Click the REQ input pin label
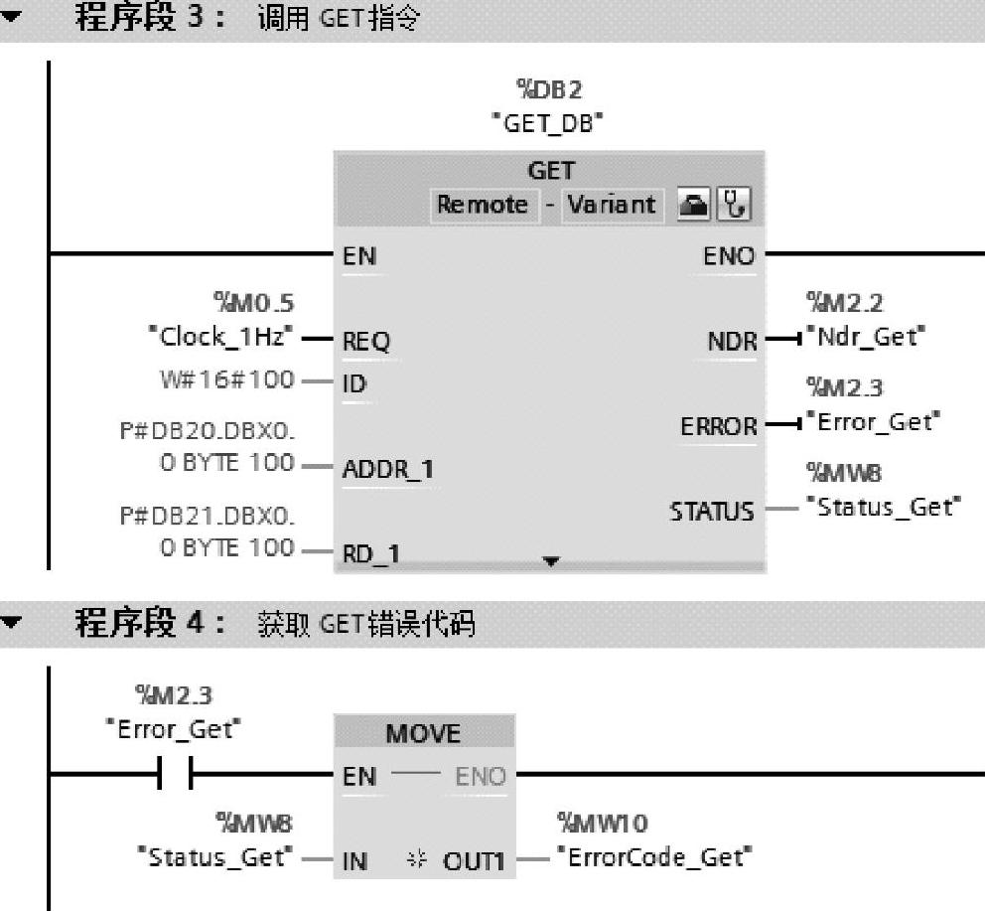click(366, 342)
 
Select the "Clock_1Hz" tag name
click(218, 336)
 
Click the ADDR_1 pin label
click(388, 470)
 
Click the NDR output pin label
click(730, 342)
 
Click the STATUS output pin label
click(712, 512)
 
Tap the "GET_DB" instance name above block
click(550, 125)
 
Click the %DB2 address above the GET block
click(550, 90)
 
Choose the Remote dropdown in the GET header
click(483, 205)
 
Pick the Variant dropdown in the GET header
click(611, 205)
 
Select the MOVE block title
click(423, 733)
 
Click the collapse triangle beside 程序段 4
click(11, 624)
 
